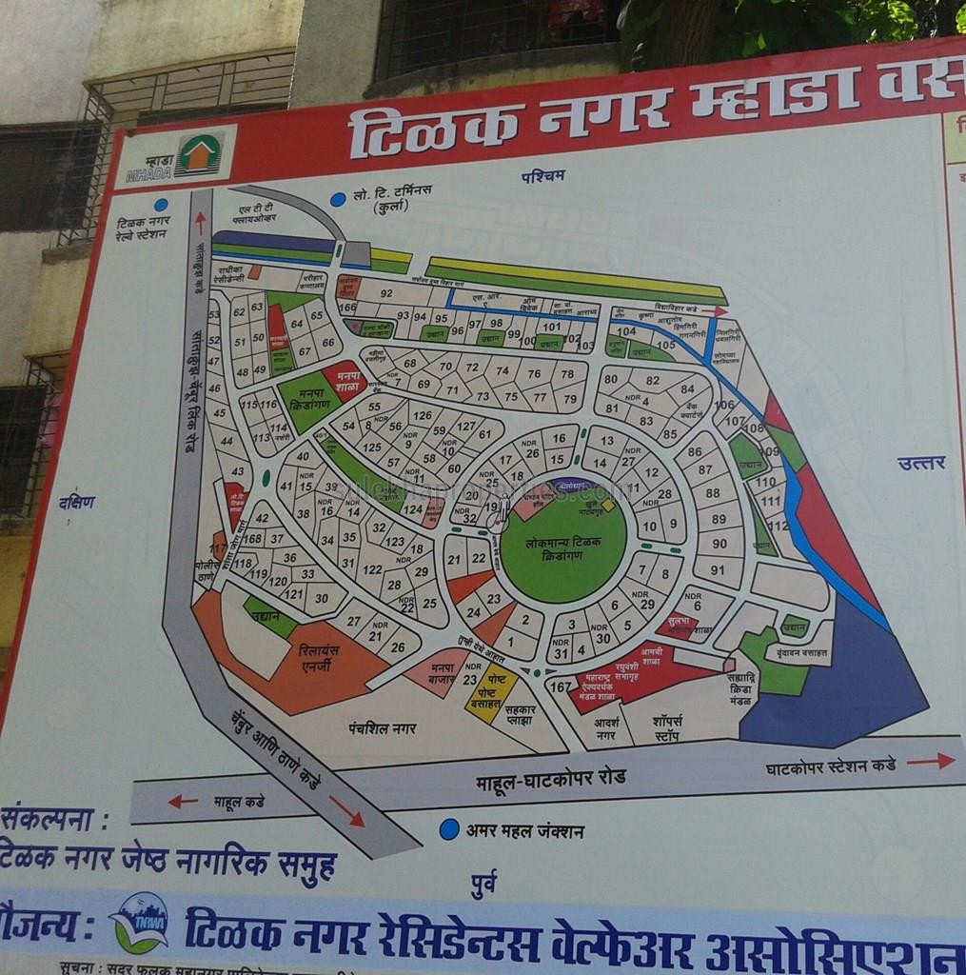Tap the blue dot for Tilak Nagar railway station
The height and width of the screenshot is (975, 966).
[x=161, y=204]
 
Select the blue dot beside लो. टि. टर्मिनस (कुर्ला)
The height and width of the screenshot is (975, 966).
[x=338, y=199]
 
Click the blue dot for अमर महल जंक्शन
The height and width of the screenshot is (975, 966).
[x=449, y=829]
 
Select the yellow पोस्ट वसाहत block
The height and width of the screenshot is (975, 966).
[x=491, y=692]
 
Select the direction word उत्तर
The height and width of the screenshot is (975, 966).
[x=920, y=463]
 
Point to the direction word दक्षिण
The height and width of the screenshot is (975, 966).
[x=76, y=502]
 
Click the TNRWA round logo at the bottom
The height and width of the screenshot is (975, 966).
[x=139, y=922]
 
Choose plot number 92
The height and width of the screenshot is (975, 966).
[x=385, y=293]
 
